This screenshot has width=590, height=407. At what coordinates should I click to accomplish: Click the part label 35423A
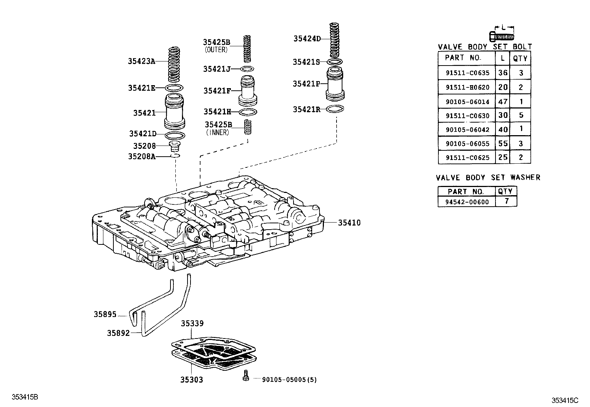pyautogui.click(x=142, y=61)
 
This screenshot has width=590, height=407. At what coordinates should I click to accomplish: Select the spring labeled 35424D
pyautogui.click(x=335, y=39)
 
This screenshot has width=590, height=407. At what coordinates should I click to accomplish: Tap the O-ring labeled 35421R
pyautogui.click(x=335, y=109)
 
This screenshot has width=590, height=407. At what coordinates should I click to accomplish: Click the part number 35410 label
pyautogui.click(x=349, y=223)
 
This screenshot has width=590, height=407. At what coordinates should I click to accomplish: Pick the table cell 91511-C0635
pyautogui.click(x=467, y=73)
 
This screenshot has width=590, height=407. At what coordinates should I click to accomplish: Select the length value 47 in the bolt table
pyautogui.click(x=503, y=101)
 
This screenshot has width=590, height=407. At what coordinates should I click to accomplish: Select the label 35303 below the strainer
pyautogui.click(x=192, y=380)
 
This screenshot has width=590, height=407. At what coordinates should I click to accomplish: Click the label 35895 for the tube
pyautogui.click(x=105, y=315)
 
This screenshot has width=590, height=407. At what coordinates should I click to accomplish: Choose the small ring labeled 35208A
pyautogui.click(x=176, y=156)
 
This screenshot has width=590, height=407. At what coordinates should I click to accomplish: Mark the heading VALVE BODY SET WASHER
pyautogui.click(x=488, y=178)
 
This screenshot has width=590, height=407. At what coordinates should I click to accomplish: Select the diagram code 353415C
pyautogui.click(x=565, y=400)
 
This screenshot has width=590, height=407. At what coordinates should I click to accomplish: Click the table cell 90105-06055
pyautogui.click(x=467, y=144)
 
